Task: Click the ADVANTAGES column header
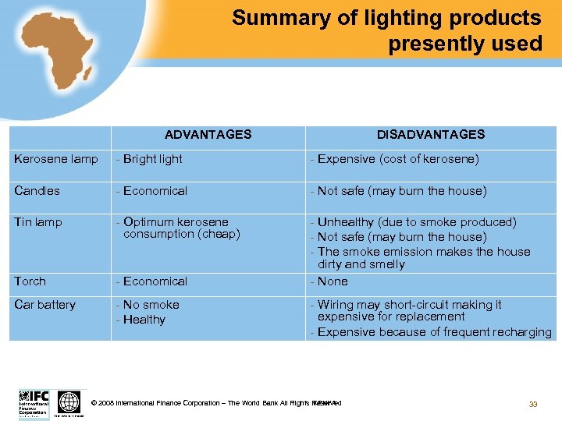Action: click(208, 134)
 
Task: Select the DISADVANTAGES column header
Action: click(431, 134)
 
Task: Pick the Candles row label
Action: click(37, 191)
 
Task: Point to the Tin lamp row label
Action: click(38, 222)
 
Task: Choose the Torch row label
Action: click(30, 281)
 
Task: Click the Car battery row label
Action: click(44, 305)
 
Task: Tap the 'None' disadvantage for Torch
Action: click(333, 281)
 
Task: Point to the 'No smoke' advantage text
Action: click(150, 305)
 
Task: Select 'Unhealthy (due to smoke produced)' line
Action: click(416, 222)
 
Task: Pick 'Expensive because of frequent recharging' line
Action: click(434, 332)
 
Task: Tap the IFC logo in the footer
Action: click(34, 402)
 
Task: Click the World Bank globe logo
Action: click(69, 402)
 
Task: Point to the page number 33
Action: click(533, 404)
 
